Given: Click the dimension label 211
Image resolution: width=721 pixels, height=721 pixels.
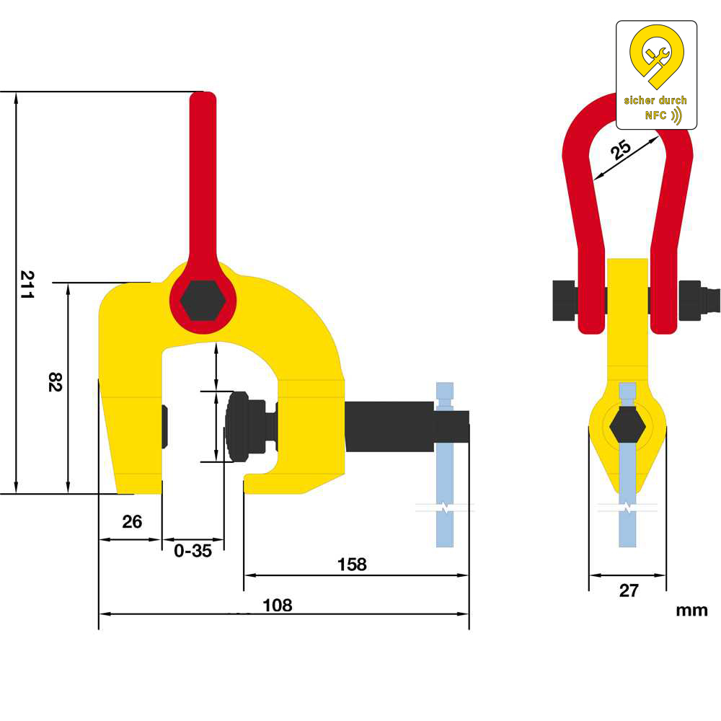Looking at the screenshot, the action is point(27,285).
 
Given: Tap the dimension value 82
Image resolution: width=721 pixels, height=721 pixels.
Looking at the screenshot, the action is point(55,381).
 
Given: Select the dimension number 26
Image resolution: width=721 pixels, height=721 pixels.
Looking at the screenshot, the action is point(132,521).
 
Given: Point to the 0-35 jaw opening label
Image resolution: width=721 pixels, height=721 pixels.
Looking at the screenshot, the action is point(193,550).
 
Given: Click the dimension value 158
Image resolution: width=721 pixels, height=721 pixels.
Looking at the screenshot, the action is point(352,565).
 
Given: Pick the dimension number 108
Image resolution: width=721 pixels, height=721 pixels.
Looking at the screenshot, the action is point(278,605).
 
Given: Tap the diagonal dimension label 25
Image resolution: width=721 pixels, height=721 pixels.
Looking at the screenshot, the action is point(620,149).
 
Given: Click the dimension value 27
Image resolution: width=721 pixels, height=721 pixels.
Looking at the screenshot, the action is point(629,590).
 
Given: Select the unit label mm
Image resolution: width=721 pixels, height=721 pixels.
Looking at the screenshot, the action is point(691,611).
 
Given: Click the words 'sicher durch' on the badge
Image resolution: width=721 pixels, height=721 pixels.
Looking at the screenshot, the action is point(655,100).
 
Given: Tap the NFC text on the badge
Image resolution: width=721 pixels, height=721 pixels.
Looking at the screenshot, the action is point(655,115).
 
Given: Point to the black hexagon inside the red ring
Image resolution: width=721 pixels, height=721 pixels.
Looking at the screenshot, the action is point(203,300).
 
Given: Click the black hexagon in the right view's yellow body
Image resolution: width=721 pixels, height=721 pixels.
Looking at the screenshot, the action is point(628,426).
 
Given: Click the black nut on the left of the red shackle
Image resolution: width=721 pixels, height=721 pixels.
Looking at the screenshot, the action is point(565,300).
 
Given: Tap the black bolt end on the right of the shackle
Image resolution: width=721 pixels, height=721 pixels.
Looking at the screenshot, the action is point(699,300).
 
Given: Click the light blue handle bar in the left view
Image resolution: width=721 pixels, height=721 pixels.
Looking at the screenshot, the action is point(445,464).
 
